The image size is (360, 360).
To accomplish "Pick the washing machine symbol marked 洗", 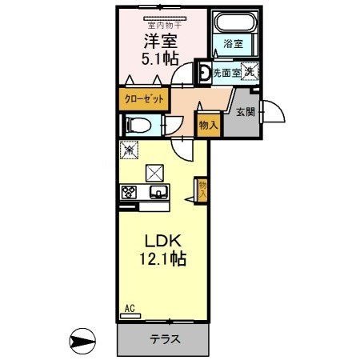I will [x=250, y=72].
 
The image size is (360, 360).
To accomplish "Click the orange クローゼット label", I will [x=145, y=99].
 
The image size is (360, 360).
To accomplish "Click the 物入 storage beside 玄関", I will [x=207, y=125].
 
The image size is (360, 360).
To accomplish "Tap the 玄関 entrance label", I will [x=246, y=112].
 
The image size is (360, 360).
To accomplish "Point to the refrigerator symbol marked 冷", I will [x=130, y=149].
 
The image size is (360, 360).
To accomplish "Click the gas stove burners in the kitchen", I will [x=130, y=192].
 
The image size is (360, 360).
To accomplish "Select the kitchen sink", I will [x=158, y=192].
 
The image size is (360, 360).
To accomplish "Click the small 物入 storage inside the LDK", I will [x=202, y=190].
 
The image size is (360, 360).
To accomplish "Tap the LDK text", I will [x=163, y=241].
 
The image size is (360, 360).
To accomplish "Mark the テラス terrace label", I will [x=163, y=338].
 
